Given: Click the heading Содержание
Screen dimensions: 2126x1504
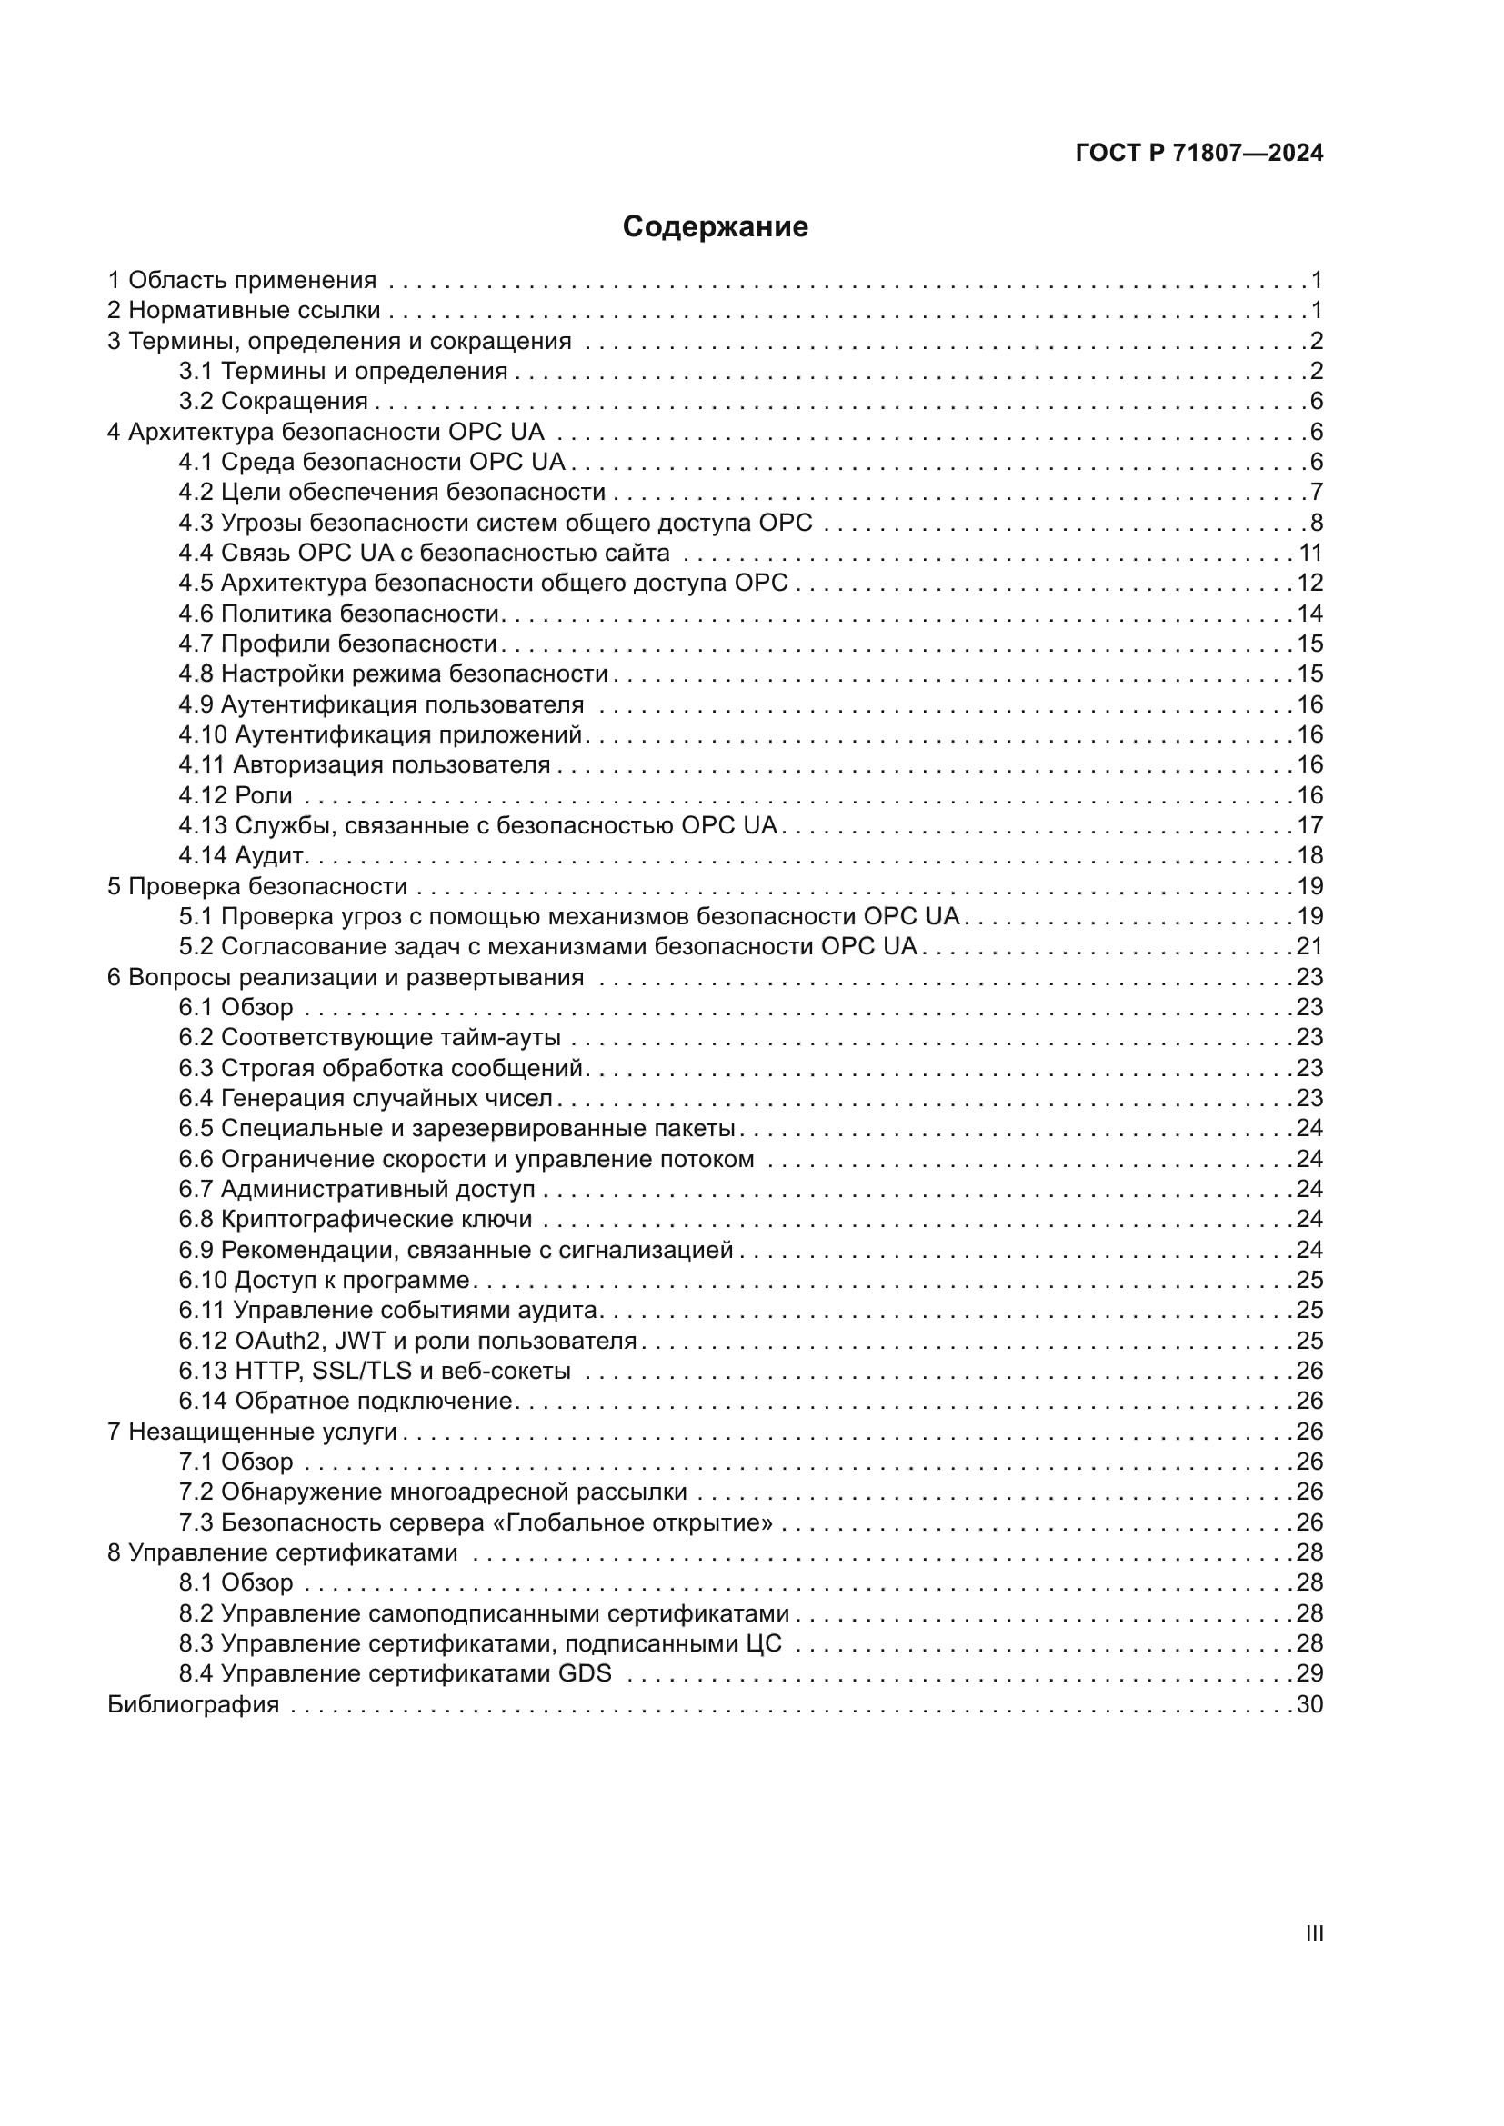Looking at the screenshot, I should click(x=715, y=227).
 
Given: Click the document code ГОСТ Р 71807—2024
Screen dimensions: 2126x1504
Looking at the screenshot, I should click(x=1198, y=154).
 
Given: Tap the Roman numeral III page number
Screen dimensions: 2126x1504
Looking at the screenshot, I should click(x=1313, y=1934).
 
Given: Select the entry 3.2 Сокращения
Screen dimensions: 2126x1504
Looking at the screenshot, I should click(x=273, y=402).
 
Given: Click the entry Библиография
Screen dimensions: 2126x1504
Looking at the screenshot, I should click(x=194, y=1704).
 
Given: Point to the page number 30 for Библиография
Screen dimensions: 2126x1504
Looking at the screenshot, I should click(x=1309, y=1704).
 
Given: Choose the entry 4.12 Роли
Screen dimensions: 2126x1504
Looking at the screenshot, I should click(x=236, y=795).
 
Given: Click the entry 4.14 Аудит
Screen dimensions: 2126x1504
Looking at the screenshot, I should click(x=243, y=855).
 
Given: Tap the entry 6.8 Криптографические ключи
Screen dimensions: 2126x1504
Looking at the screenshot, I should click(x=356, y=1220).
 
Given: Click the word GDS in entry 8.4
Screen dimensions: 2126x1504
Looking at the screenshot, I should click(x=585, y=1674).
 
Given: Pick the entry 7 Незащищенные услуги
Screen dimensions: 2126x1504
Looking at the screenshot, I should click(x=252, y=1432).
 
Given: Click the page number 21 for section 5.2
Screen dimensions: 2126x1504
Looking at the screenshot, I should click(x=1309, y=946).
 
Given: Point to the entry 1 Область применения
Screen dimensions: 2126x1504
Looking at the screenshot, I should click(x=243, y=281).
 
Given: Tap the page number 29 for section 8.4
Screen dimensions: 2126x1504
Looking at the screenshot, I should click(x=1309, y=1674).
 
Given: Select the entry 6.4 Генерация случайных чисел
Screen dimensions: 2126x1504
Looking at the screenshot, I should click(x=366, y=1098).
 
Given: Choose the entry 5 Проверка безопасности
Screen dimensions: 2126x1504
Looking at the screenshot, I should click(x=257, y=886).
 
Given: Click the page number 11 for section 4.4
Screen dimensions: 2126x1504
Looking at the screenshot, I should click(x=1309, y=553).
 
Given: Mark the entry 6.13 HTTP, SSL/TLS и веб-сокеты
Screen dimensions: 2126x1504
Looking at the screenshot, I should click(x=375, y=1372).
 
